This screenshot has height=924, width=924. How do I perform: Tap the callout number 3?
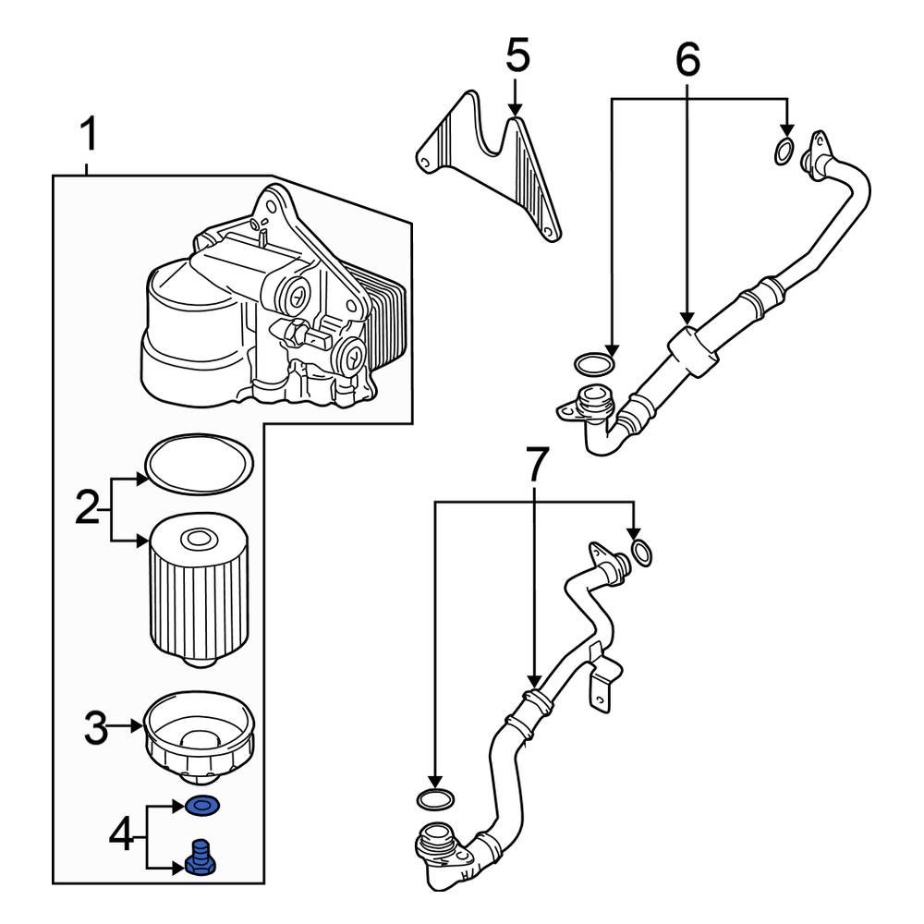[x=97, y=729]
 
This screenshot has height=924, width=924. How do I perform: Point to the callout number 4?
[x=122, y=837]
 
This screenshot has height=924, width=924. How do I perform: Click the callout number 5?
[x=517, y=56]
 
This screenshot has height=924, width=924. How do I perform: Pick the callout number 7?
[x=537, y=465]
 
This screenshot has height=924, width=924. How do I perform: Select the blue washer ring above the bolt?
[x=202, y=808]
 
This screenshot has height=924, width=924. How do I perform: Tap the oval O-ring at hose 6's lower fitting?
[x=593, y=361]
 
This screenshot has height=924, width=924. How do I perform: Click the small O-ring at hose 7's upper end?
[x=639, y=553]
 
